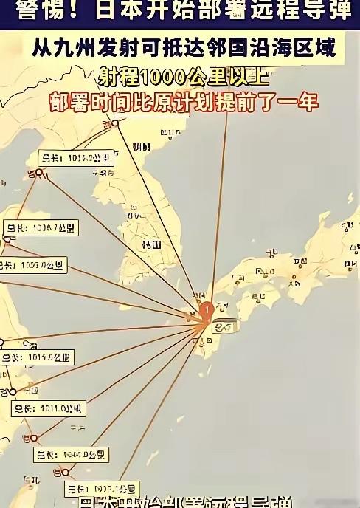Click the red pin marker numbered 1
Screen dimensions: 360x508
[207, 309]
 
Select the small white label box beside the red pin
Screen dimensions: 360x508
[226, 326]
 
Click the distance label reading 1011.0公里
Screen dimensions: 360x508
[49, 408]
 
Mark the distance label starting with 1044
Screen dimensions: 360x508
[72, 454]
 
